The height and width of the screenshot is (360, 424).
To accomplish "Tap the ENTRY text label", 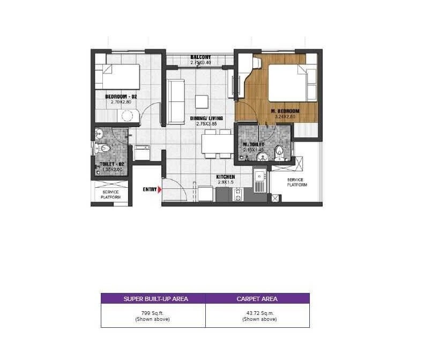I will coord(149,189).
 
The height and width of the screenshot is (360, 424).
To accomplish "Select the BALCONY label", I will coord(200,57).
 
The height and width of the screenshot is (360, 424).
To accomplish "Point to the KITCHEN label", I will coord(226,177).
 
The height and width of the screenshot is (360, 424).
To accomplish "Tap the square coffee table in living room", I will coord(202,101).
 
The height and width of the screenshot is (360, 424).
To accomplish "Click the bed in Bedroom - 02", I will coord(117,76).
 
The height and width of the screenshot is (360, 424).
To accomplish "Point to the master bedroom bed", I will coord(292,83).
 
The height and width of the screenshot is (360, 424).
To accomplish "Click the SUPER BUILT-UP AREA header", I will coord(153,298).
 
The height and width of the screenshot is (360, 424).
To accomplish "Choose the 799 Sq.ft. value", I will coord(153,313).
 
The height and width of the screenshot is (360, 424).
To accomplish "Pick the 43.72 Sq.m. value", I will coord(257,313).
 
